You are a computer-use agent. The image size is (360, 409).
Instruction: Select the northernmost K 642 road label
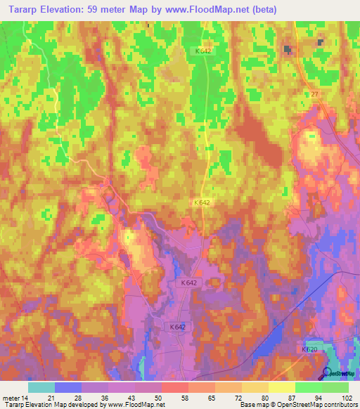tap(204, 51)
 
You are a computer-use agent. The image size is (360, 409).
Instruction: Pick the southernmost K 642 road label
tap(177, 327)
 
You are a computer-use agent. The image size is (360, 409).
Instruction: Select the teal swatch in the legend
tap(41, 387)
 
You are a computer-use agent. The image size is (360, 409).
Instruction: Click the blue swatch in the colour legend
tap(68, 387)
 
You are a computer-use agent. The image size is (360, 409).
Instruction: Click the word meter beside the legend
tap(10, 398)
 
